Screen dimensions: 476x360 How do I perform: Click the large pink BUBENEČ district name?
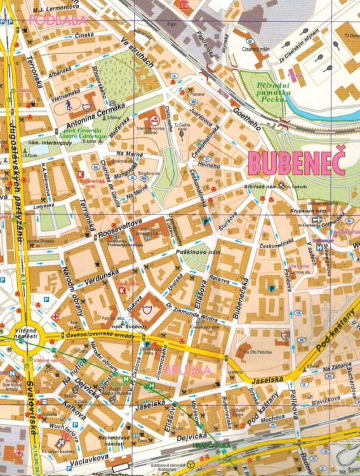pyautogui.click(x=297, y=163)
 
